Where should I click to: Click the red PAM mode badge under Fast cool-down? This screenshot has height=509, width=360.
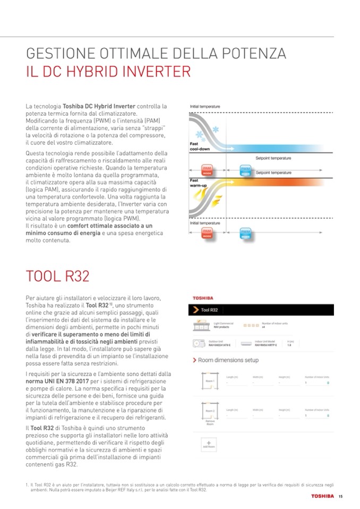(207, 170)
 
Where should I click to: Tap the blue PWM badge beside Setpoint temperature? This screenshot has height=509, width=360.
(245, 170)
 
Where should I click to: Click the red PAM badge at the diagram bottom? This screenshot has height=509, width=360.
(207, 233)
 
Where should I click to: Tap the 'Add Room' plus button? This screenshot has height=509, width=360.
(209, 444)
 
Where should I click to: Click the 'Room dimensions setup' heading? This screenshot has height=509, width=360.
(228, 360)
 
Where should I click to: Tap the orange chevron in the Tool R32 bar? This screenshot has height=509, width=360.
(196, 309)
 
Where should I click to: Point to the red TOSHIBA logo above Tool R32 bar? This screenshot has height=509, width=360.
(202, 298)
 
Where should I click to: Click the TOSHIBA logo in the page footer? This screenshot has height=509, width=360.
(322, 497)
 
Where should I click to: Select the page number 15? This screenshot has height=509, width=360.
(340, 497)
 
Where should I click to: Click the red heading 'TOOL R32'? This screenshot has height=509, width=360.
(57, 277)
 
